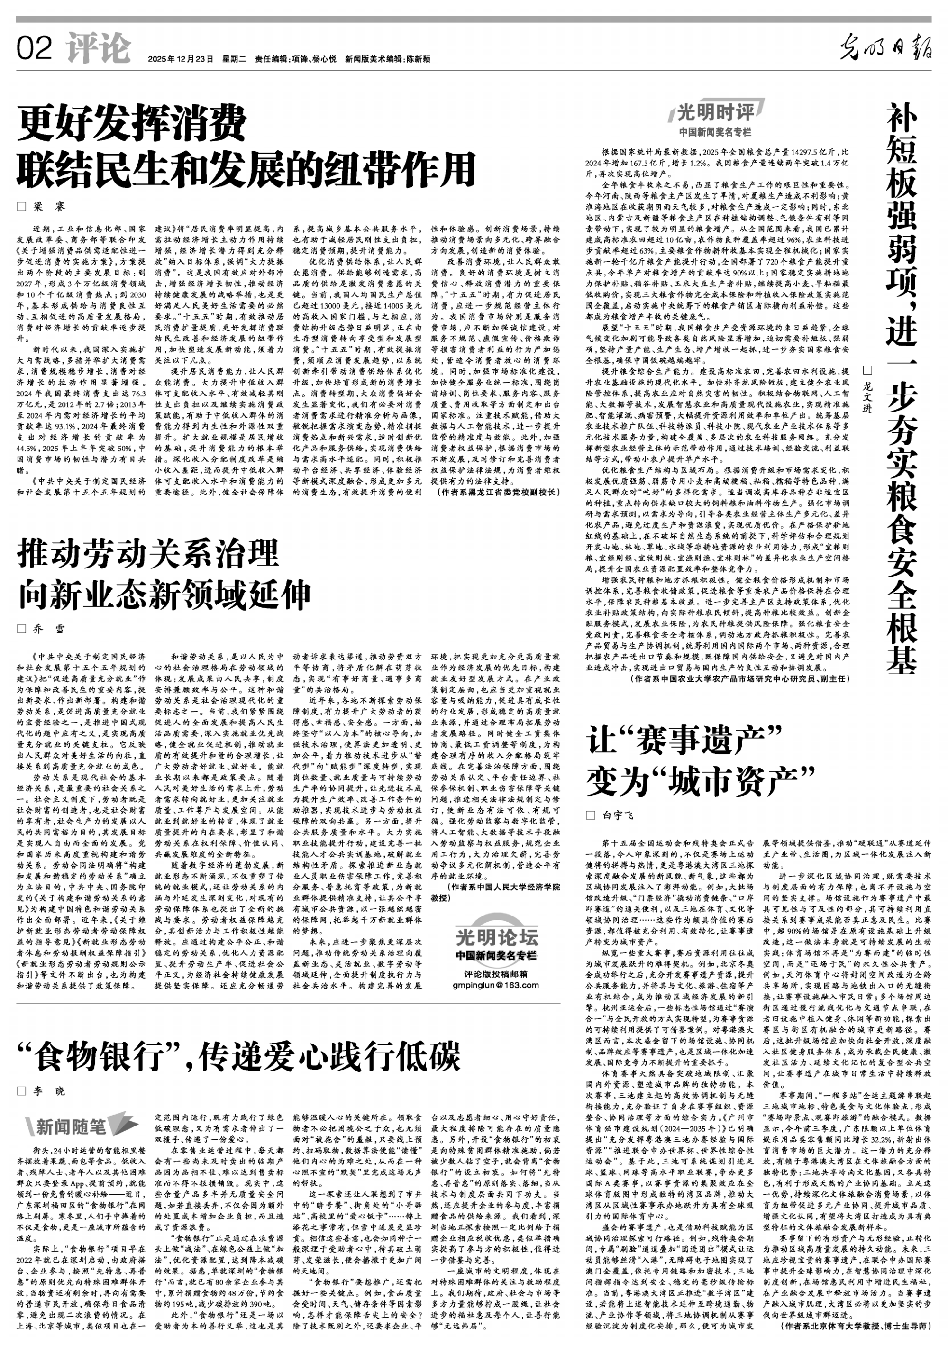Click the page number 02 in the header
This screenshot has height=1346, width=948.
tap(35, 48)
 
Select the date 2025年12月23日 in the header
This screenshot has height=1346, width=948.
tap(180, 59)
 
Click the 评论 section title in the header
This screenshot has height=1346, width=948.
tap(98, 48)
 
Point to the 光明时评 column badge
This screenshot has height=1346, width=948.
tap(720, 111)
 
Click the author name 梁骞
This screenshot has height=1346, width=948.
tap(49, 207)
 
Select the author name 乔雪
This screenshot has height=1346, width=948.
tap(49, 629)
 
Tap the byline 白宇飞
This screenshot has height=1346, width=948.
tap(618, 815)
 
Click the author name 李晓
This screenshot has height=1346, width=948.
tap(49, 1090)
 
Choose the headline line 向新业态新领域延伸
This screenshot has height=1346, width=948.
tap(164, 595)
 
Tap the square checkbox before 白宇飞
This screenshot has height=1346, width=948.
tap(591, 815)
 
